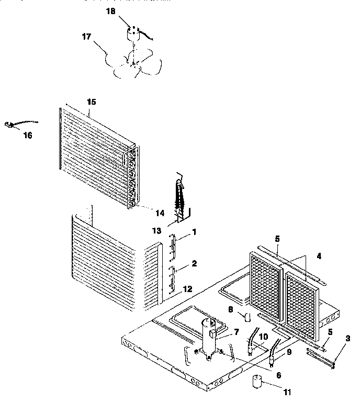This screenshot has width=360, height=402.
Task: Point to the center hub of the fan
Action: tap(132, 63)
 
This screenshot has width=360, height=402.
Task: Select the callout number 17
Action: tap(86, 37)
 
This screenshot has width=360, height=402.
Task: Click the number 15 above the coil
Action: tap(92, 100)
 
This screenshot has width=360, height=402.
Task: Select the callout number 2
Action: tap(194, 263)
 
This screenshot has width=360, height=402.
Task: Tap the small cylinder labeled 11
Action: tap(257, 383)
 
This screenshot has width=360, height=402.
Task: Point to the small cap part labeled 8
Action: tap(246, 316)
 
